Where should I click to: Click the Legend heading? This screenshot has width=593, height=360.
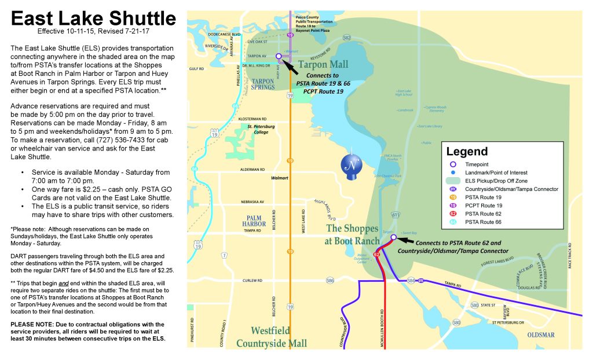(467, 152)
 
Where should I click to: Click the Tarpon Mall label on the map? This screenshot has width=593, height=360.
(324, 64)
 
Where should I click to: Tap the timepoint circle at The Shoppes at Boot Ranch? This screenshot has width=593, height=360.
(393, 237)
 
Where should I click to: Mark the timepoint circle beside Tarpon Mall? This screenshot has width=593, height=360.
(279, 56)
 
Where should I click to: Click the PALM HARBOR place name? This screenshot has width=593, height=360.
(255, 220)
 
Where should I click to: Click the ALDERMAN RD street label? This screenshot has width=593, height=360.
(252, 170)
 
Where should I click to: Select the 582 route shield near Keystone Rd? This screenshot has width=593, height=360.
(346, 38)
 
